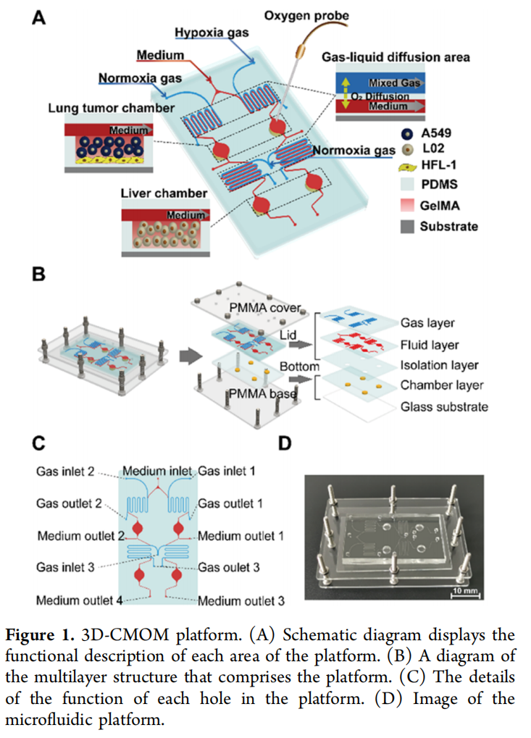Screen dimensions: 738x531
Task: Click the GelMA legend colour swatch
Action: coord(408,205)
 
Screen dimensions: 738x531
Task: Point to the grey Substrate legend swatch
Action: coord(408,226)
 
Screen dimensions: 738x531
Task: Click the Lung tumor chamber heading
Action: coord(111,108)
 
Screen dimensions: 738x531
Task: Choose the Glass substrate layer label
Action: coord(444,406)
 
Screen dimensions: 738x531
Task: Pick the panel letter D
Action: coord(288,443)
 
